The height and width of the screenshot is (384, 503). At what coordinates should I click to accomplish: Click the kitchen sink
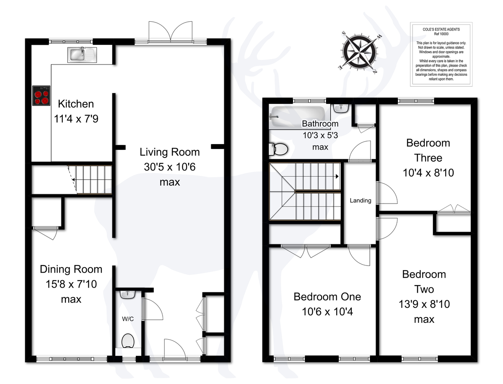[82, 55]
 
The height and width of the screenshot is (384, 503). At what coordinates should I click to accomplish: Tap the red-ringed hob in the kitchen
[41, 95]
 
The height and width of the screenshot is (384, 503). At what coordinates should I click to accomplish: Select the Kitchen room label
[76, 104]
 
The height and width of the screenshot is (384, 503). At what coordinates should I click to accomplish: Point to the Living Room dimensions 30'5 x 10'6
[170, 167]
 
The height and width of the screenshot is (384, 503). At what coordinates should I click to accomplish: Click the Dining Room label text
[71, 269]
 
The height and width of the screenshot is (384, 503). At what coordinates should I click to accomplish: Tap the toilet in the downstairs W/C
[128, 341]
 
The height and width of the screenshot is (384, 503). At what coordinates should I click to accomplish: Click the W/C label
[128, 319]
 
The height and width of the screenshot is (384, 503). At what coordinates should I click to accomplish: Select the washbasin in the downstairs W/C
[128, 294]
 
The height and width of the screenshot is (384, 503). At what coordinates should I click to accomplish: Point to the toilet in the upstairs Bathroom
[278, 149]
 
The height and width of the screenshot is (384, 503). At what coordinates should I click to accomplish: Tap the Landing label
[360, 201]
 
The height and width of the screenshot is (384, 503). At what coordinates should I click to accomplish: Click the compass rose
[360, 52]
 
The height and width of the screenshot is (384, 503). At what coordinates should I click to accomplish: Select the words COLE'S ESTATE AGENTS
[441, 29]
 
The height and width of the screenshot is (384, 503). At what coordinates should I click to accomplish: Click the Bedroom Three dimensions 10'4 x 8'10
[428, 173]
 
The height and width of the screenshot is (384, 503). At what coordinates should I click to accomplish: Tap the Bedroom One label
[327, 297]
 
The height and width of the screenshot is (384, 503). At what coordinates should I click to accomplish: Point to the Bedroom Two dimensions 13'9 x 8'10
[424, 304]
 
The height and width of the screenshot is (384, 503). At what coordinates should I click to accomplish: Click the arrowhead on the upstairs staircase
[337, 176]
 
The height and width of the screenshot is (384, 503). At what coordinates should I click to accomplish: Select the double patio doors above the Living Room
[171, 32]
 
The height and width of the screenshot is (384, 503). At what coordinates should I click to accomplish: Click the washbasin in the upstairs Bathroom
[341, 108]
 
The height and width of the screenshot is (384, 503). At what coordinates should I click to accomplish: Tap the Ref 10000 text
[441, 34]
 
